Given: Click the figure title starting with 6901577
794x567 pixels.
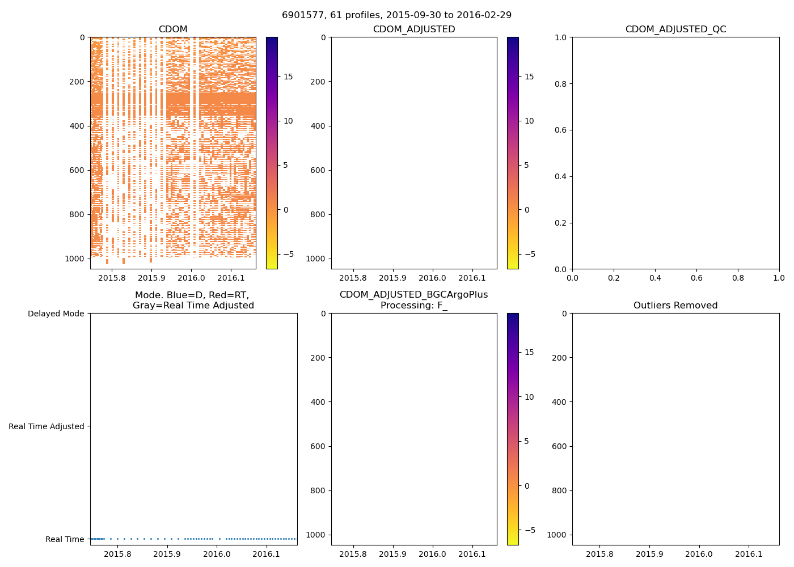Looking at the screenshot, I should tap(396, 15).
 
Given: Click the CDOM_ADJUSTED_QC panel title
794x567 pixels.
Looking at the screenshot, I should tap(675, 29).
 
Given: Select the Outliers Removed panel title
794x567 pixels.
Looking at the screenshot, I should tap(675, 306).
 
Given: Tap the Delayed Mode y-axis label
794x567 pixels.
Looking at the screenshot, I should tap(56, 314).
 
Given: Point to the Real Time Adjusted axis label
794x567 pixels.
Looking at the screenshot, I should tap(47, 426).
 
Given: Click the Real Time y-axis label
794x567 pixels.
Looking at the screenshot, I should tap(65, 539).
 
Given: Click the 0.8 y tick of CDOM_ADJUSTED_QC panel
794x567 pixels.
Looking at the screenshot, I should tap(561, 84).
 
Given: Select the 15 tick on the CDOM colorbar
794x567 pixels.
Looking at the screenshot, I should tap(288, 77).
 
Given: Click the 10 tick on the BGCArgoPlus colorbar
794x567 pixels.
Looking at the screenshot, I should tap(529, 397).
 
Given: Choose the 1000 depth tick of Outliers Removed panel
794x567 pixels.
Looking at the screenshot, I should tap(556, 535).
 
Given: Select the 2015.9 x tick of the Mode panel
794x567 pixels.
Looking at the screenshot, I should tap(167, 554).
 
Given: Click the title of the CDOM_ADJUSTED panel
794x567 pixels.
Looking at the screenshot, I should tap(414, 29).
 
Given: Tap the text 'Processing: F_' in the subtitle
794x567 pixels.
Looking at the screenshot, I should tap(414, 306).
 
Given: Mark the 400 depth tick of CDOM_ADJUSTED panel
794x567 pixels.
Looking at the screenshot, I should tap(318, 126).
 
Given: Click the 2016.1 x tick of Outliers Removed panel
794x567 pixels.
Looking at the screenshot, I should tap(749, 554).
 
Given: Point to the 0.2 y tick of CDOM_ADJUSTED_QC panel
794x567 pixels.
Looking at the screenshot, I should tap(561, 223).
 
